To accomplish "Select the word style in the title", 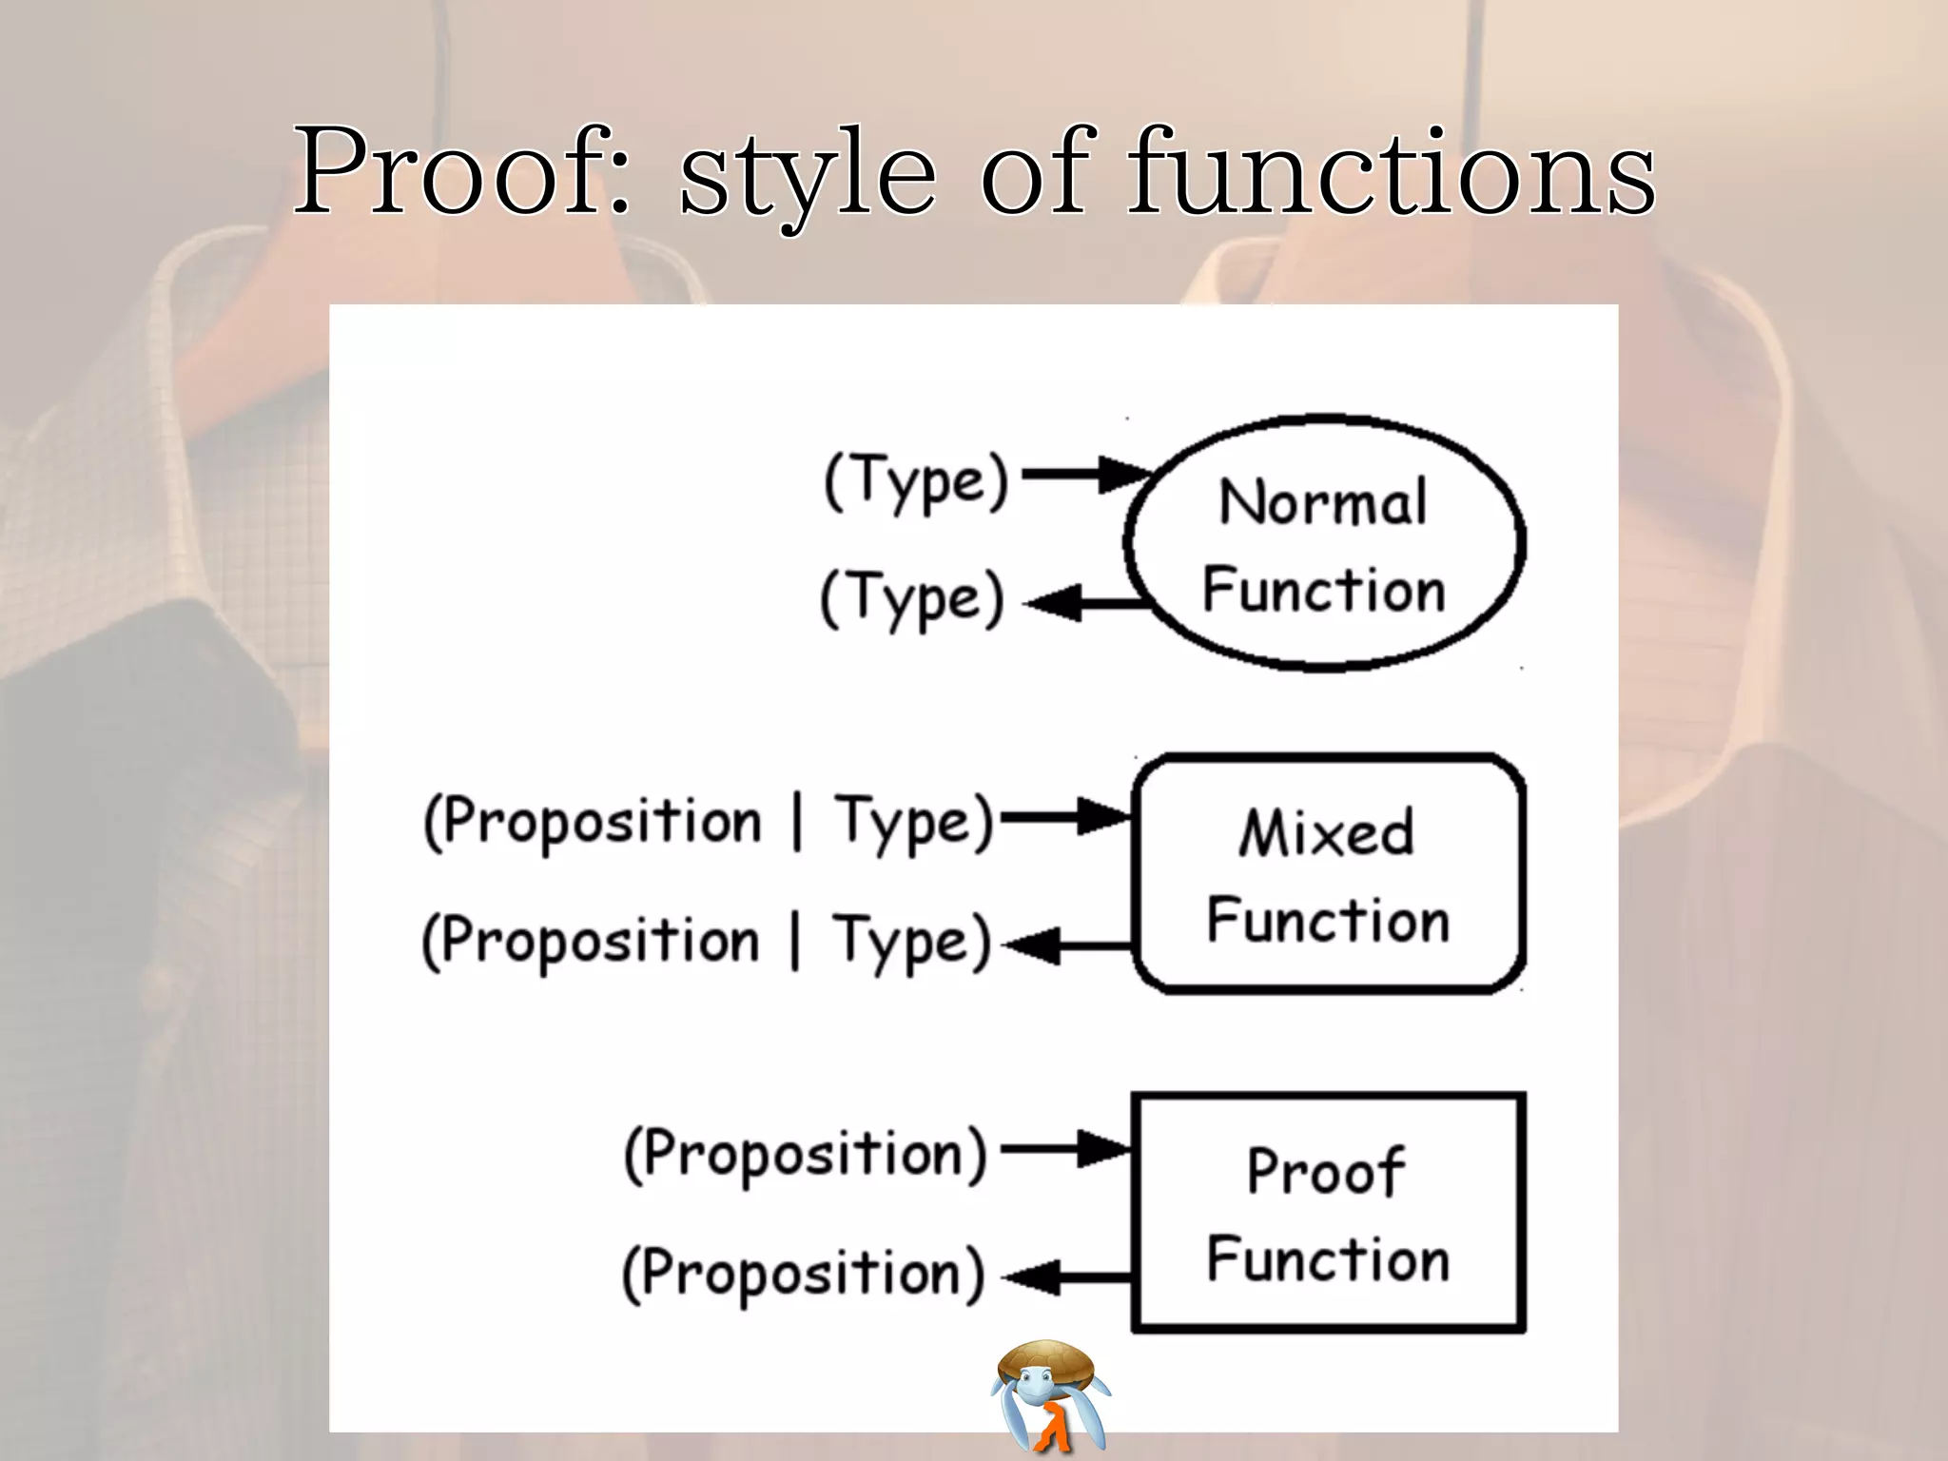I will point(808,176).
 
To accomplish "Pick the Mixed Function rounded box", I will point(1329,874).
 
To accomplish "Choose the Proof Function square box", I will point(1329,1213).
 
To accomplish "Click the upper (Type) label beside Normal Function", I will point(916,481).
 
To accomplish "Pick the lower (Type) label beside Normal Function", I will point(912,599).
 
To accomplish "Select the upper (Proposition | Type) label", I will point(709,822).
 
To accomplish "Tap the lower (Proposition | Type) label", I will point(707,941).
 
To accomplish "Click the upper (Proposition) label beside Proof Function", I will point(806,1155).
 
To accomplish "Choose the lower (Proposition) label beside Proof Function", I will point(804,1274).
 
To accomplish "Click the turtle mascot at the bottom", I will point(1049,1395).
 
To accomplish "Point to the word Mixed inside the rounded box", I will point(1326,832).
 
